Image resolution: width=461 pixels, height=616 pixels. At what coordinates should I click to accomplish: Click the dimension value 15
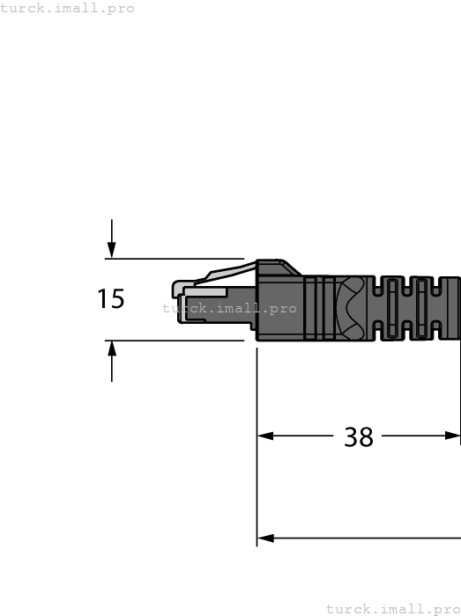coord(111,299)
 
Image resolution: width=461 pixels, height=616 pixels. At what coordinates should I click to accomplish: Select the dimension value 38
coord(359,436)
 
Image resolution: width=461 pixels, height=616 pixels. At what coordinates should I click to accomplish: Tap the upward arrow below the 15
coord(112,350)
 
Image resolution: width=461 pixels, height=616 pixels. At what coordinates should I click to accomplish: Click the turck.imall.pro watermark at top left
coord(68,8)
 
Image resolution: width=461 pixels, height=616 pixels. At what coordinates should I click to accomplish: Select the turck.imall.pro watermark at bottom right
coord(393,608)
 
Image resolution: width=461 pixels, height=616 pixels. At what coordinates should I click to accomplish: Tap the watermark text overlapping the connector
coord(230,309)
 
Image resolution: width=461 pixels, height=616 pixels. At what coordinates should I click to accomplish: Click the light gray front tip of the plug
coord(178,298)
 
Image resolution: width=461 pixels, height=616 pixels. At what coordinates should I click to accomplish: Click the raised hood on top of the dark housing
coord(277,266)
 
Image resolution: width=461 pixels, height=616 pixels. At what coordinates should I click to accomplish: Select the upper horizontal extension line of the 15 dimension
coord(176,259)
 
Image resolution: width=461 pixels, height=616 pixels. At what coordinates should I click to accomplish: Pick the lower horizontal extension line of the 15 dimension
coord(176,340)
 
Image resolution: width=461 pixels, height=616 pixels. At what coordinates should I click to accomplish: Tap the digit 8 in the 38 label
coord(367,436)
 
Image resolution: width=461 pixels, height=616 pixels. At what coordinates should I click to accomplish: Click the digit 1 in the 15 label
coord(103,299)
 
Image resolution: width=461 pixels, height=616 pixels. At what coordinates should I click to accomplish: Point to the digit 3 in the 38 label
coord(351,436)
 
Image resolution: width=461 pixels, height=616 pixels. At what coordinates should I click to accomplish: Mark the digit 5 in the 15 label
coord(118,299)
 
